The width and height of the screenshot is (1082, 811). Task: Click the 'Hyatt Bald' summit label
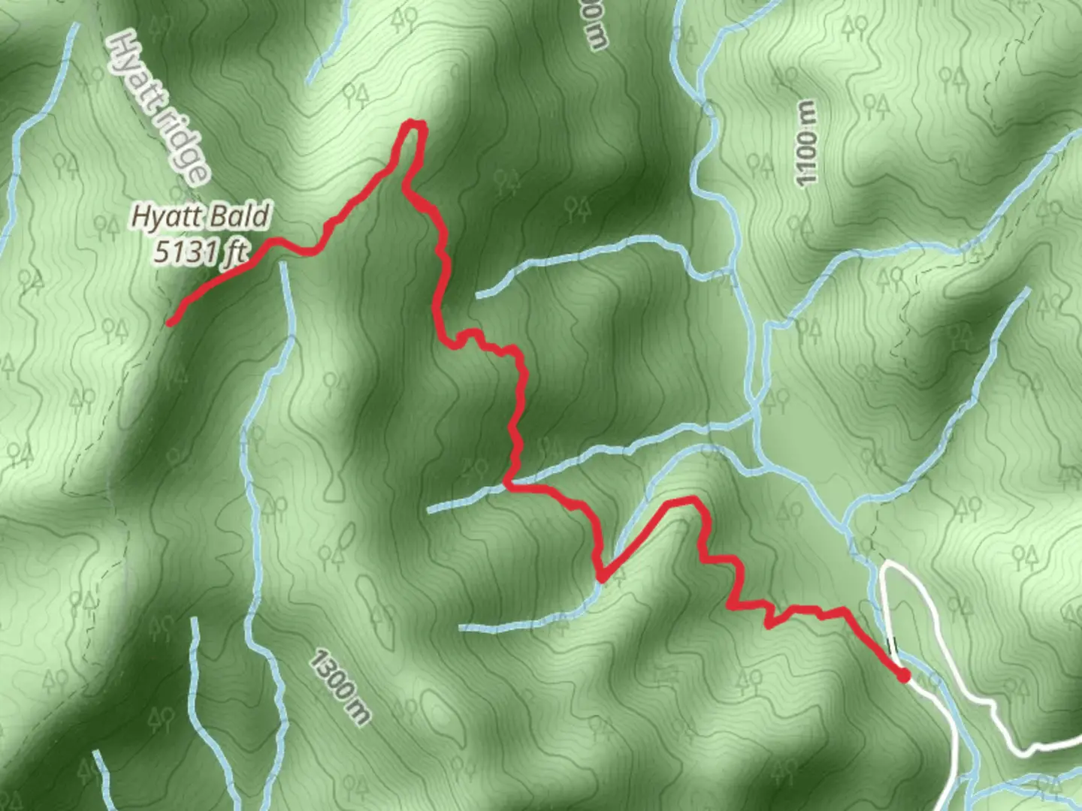pyautogui.click(x=201, y=217)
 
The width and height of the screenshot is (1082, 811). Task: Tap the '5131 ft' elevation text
pyautogui.click(x=201, y=252)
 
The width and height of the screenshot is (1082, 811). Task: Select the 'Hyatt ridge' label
pyautogui.click(x=159, y=109)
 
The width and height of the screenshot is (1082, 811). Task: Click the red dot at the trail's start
pyautogui.click(x=904, y=676)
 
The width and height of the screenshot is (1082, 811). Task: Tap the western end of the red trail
pyautogui.click(x=171, y=323)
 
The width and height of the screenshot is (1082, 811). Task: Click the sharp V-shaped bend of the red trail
pyautogui.click(x=602, y=577)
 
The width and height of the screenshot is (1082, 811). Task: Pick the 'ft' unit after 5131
pyautogui.click(x=235, y=253)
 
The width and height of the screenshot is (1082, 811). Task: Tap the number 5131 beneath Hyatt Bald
pyautogui.click(x=186, y=252)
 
